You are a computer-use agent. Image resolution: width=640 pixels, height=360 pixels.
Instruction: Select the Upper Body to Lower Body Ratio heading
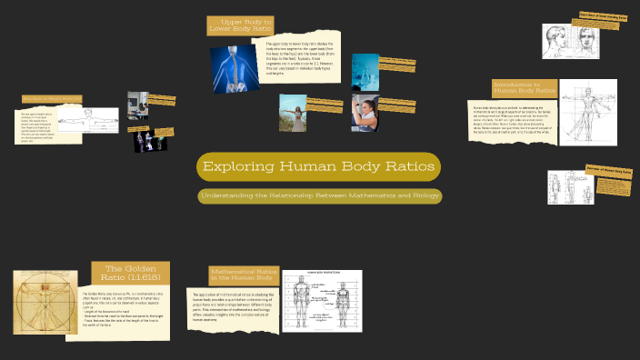(x=241, y=25)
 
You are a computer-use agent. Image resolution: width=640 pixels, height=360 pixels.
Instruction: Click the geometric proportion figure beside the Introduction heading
(x=587, y=113)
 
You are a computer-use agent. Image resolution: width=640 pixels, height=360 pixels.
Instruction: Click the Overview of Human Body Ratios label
(x=609, y=170)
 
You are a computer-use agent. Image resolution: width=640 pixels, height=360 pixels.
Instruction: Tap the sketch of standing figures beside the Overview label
(x=570, y=186)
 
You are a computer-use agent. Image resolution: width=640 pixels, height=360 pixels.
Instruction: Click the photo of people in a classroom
(x=137, y=107)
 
